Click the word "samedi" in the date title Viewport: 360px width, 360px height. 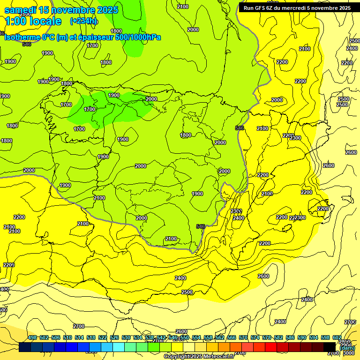pyautogui.click(x=21, y=10)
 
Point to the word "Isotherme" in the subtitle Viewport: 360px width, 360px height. pyautogui.click(x=22, y=37)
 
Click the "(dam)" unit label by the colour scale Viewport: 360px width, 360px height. pyautogui.click(x=347, y=348)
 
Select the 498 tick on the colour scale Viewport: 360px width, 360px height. pyautogui.click(x=32, y=338)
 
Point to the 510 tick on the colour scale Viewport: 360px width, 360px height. pyautogui.click(x=67, y=338)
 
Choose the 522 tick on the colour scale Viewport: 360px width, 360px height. pyautogui.click(x=103, y=338)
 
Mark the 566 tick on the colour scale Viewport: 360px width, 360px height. pyautogui.click(x=232, y=338)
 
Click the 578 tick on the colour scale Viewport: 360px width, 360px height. pyautogui.click(x=267, y=338)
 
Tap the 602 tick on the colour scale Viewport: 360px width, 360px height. pyautogui.click(x=337, y=338)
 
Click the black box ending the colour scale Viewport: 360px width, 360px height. pyautogui.click(x=330, y=347)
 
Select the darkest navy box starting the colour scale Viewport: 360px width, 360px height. pyautogui.click(x=25, y=347)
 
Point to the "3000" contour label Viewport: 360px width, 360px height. pyautogui.click(x=348, y=353)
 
